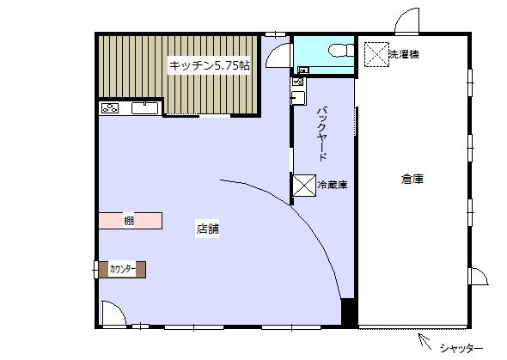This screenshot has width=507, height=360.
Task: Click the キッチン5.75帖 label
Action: tap(209, 65)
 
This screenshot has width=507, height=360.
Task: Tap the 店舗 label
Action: tap(208, 229)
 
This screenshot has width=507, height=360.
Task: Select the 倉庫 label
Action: tap(412, 179)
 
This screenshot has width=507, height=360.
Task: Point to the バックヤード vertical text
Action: tap(322, 134)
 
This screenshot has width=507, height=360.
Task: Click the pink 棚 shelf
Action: tap(131, 221)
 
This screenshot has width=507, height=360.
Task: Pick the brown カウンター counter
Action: tap(122, 270)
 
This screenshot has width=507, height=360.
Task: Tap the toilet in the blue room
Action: tap(341, 51)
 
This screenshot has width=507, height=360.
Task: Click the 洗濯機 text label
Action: tap(404, 54)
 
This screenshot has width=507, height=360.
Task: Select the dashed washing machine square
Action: tap(376, 54)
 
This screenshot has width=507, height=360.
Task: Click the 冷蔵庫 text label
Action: tap(333, 185)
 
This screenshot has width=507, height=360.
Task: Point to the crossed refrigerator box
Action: tap(304, 186)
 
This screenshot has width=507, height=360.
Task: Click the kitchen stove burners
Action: tap(110, 108)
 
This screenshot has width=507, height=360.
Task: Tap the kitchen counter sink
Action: tap(145, 108)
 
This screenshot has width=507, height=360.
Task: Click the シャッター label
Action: tap(461, 348)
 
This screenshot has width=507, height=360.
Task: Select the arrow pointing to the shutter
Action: tap(425, 341)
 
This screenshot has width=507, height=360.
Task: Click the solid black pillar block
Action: tap(350, 313)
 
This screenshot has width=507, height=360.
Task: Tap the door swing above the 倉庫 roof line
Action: tap(407, 21)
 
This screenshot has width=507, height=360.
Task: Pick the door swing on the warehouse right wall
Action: tap(479, 277)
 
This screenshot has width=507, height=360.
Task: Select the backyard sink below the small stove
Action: tap(298, 98)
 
